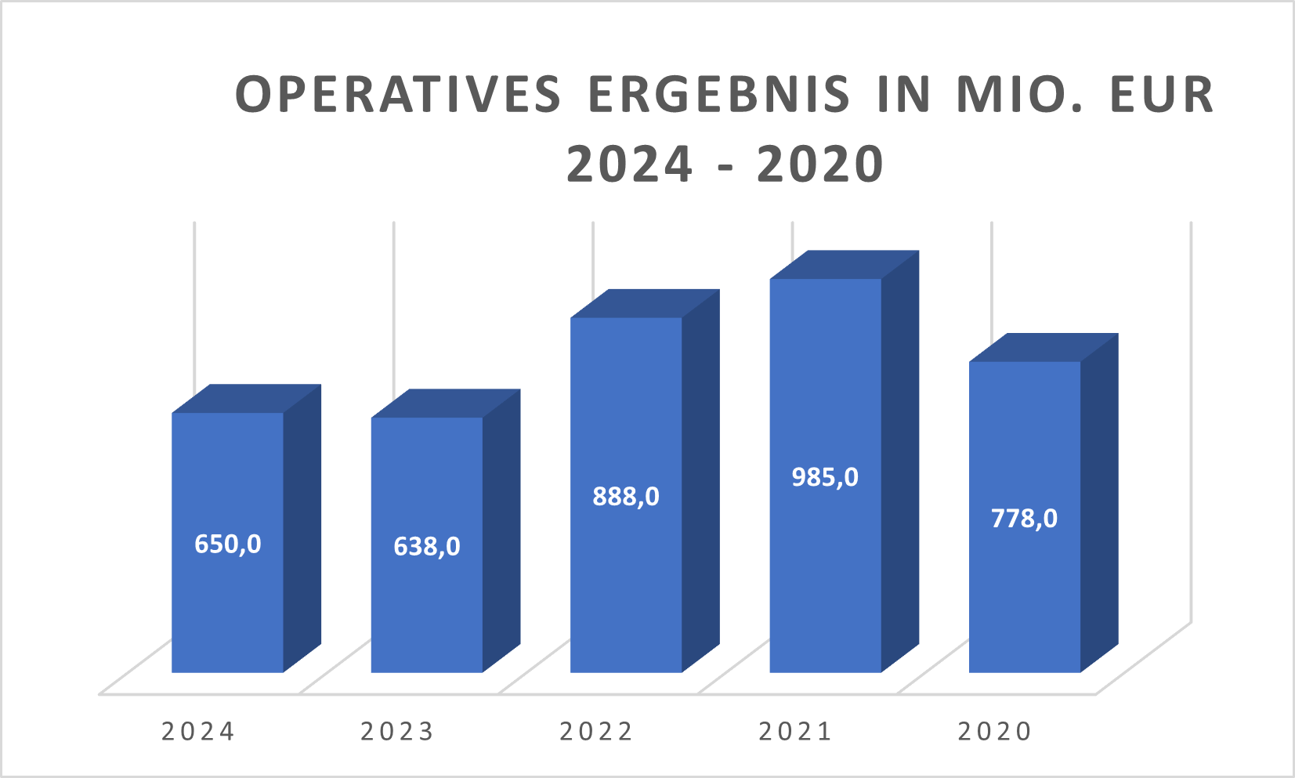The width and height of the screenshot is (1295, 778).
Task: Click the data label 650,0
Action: click(x=227, y=543)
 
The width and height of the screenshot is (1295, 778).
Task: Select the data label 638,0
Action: click(x=426, y=545)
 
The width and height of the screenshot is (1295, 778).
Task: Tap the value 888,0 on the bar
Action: click(x=625, y=496)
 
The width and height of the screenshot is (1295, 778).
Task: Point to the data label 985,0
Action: click(x=824, y=476)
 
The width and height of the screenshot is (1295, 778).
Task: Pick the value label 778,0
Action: click(x=1023, y=518)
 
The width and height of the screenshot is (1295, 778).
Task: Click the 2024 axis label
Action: click(x=198, y=731)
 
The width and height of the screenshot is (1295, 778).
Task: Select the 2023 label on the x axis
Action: click(x=397, y=731)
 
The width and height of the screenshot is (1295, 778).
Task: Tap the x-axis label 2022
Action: click(x=596, y=731)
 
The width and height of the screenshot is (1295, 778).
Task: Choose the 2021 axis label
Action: click(x=795, y=731)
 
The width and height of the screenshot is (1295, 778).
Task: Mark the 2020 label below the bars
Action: click(x=995, y=731)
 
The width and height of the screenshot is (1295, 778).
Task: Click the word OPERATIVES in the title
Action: click(x=398, y=95)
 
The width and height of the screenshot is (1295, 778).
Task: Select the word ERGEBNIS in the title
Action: click(x=718, y=95)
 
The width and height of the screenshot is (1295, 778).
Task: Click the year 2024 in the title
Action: click(x=630, y=165)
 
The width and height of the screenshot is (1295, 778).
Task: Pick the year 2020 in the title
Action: click(x=820, y=165)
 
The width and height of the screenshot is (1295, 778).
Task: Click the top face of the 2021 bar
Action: click(x=845, y=265)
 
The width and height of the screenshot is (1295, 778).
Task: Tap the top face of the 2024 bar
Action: click(x=247, y=399)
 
